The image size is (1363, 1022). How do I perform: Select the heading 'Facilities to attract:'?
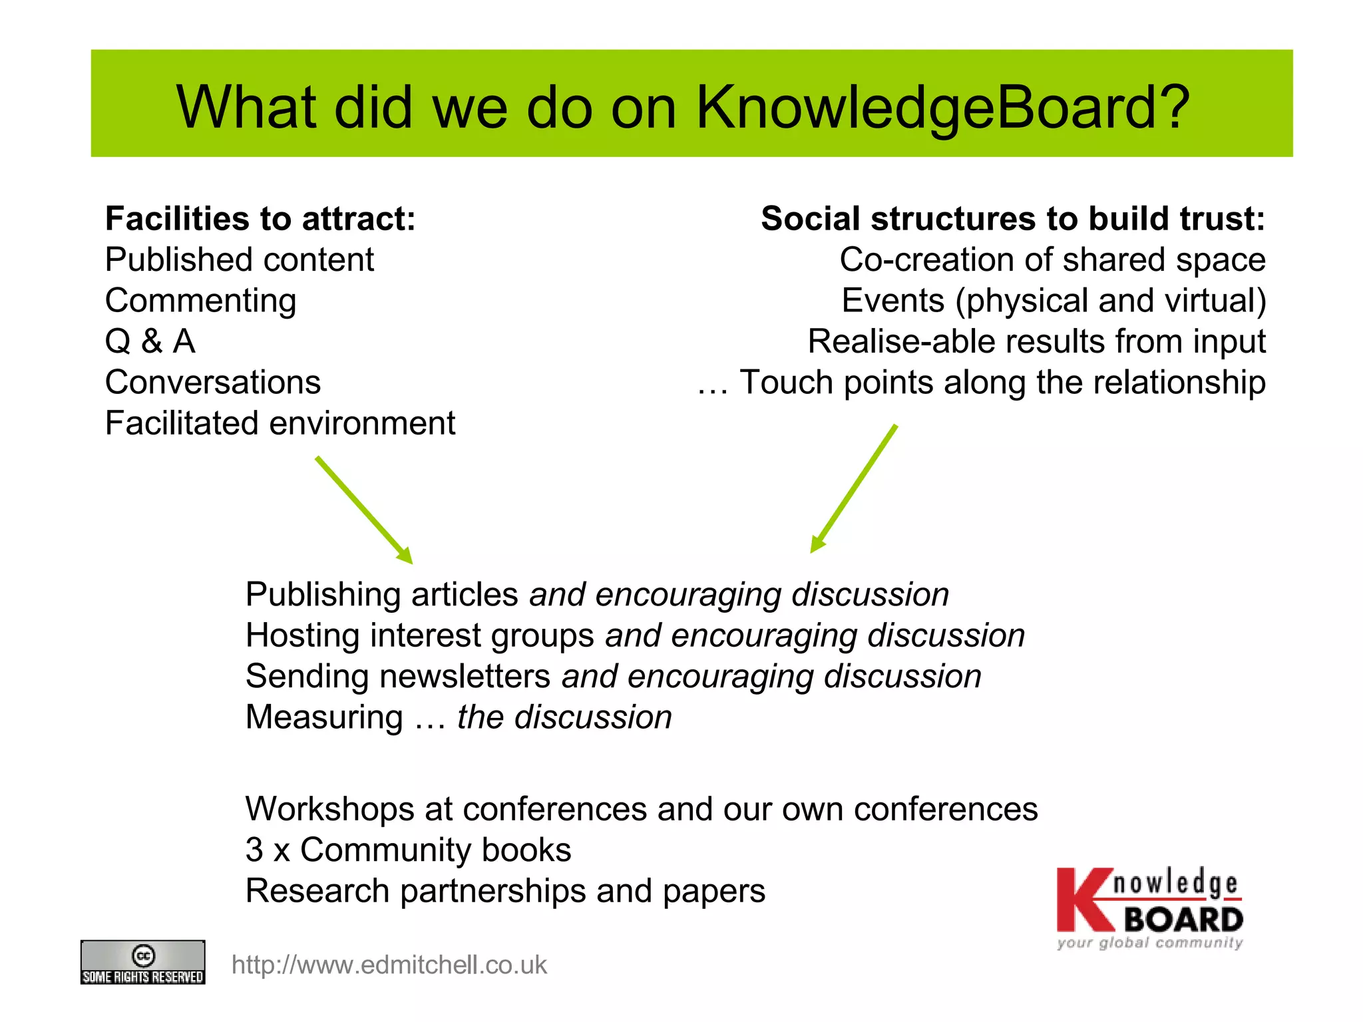(260, 219)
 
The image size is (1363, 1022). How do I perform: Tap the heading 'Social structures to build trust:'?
(1012, 219)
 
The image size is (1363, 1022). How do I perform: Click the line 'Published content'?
(239, 259)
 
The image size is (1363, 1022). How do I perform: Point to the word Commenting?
(200, 301)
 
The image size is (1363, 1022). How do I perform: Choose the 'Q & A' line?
(150, 341)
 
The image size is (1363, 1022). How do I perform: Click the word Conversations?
(213, 383)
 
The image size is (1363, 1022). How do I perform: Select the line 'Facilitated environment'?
(280, 423)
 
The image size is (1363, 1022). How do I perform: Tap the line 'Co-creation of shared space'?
(1052, 259)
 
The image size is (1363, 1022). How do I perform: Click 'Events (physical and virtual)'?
(1054, 301)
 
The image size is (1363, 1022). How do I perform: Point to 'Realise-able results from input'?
(1036, 341)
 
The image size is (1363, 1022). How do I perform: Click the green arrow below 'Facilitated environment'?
(363, 510)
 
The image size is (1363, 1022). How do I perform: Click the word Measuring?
(324, 717)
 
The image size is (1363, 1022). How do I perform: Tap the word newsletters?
(465, 677)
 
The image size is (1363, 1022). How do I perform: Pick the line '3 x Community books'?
(408, 850)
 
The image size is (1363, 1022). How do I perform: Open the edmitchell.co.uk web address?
(389, 965)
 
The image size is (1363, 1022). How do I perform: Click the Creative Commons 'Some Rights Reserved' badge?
(142, 962)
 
